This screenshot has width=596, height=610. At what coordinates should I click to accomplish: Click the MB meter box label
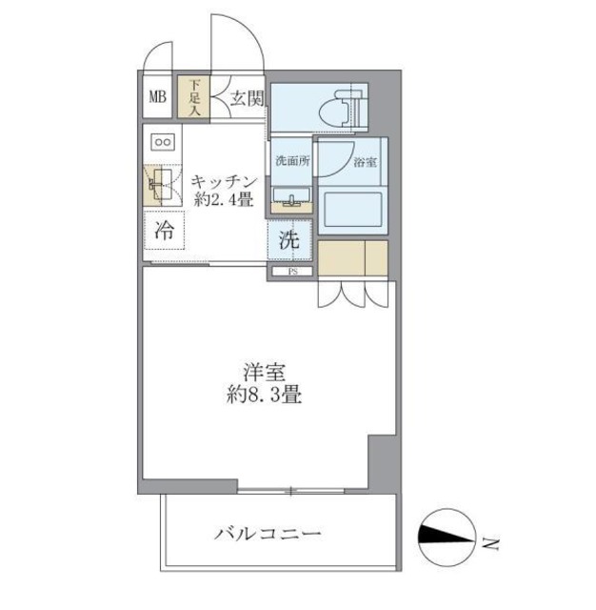[x=156, y=96]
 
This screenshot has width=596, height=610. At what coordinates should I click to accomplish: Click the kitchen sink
[x=156, y=184]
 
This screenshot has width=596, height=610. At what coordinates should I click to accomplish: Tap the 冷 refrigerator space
[x=164, y=231]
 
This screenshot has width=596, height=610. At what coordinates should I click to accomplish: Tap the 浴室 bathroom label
[x=365, y=162]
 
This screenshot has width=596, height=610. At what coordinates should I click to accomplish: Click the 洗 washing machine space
[x=289, y=241]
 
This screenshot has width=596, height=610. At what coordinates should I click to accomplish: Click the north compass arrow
[x=447, y=539]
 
